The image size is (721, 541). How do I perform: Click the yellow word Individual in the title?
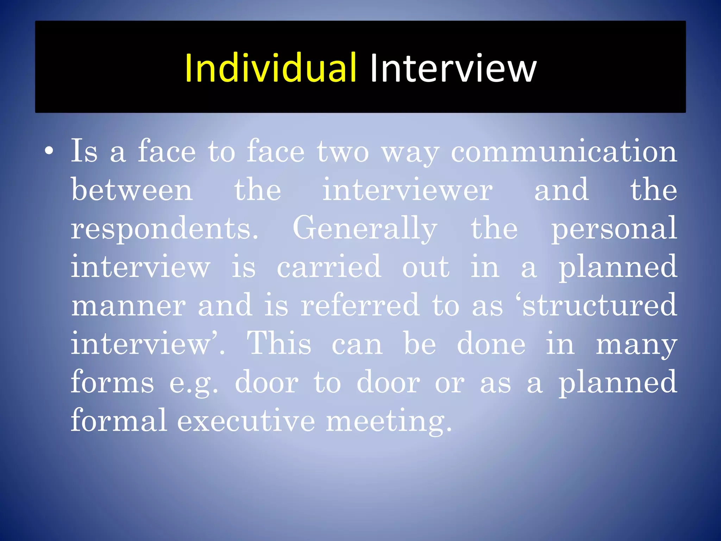(270, 68)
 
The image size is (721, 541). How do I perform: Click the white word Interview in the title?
(453, 68)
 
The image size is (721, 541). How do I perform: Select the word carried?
(329, 267)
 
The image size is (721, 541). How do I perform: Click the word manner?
(128, 305)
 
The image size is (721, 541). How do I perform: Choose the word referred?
(360, 305)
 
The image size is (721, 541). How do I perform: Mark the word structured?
(598, 305)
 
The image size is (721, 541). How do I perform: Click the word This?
(279, 344)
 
